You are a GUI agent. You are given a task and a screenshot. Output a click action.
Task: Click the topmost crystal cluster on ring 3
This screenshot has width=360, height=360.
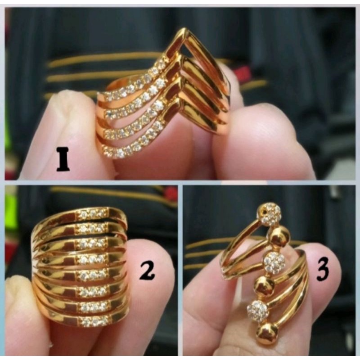click(271, 214)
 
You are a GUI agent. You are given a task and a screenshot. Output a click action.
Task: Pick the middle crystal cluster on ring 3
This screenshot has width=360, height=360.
click(274, 262)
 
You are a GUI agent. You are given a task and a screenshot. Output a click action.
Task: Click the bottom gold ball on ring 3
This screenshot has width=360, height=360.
click(266, 333)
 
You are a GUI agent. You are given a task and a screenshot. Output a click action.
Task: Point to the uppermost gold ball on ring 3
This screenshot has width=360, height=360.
click(279, 236)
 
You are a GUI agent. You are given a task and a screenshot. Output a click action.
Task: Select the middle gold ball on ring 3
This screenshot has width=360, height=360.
click(264, 286)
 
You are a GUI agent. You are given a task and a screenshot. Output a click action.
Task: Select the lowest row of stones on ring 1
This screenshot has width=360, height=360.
click(135, 144)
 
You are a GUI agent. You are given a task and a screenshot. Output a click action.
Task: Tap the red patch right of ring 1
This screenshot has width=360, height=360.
click(243, 75)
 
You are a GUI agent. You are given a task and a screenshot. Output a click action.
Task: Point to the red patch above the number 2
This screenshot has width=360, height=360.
click(171, 193)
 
